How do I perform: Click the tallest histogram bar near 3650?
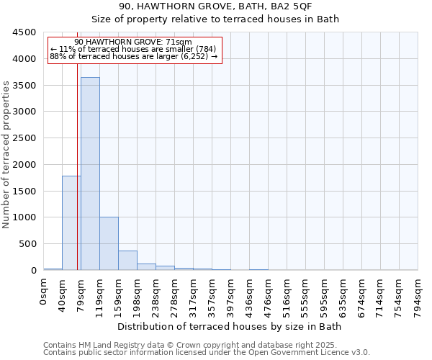90,173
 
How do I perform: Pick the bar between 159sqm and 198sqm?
127,261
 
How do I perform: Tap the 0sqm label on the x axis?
44,292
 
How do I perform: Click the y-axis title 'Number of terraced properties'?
6,155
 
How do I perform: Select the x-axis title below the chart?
230,326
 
